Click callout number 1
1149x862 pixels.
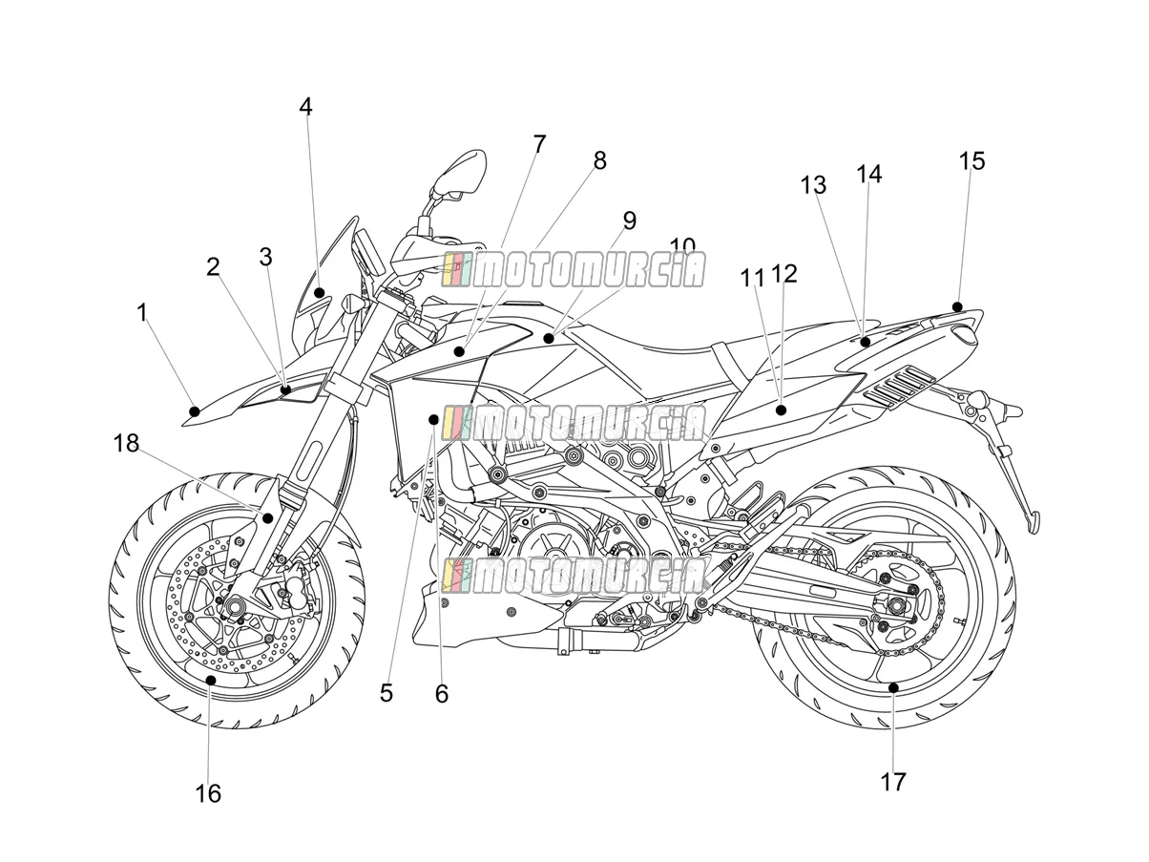point(142,312)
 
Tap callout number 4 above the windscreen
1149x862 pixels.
point(305,107)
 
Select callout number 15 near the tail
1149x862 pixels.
point(972,160)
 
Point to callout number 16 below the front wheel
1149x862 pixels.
point(208,794)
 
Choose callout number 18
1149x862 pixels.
point(126,443)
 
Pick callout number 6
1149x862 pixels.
point(442,694)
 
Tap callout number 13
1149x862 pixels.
point(813,185)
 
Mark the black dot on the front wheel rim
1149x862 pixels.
point(211,681)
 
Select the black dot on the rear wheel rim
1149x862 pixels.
point(893,687)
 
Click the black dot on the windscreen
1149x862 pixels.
point(319,292)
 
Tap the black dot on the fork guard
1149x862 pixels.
point(268,518)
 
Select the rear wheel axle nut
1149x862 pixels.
point(896,606)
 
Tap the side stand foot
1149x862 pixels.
point(1034,523)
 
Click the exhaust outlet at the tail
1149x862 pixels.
point(962,334)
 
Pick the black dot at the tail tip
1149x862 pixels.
point(957,306)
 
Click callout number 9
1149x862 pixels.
point(629,221)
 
